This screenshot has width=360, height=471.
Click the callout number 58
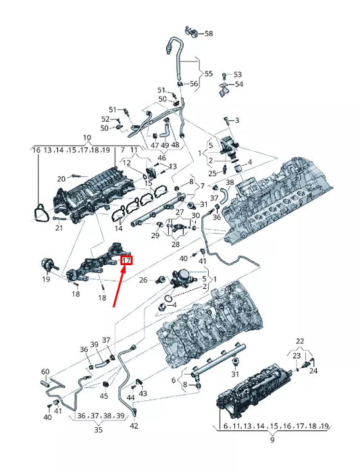209,33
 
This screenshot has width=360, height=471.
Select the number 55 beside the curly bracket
209,74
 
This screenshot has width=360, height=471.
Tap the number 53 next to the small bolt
238,74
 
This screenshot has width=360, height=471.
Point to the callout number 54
239,84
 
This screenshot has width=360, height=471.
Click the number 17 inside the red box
126,260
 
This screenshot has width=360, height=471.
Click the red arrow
120,286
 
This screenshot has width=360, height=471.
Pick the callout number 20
61,179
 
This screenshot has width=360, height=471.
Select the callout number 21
59,228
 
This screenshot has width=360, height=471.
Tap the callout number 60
45,372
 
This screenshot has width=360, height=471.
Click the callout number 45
104,397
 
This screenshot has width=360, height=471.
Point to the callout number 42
134,426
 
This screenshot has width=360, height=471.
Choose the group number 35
99,430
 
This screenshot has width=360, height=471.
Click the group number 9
272,440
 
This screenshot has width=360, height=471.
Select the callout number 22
300,341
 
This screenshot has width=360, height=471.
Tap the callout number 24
313,371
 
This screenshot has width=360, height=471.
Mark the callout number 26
143,280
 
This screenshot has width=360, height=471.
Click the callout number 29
155,235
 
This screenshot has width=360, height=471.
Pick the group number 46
162,158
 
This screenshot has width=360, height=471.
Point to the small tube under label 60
45,383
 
